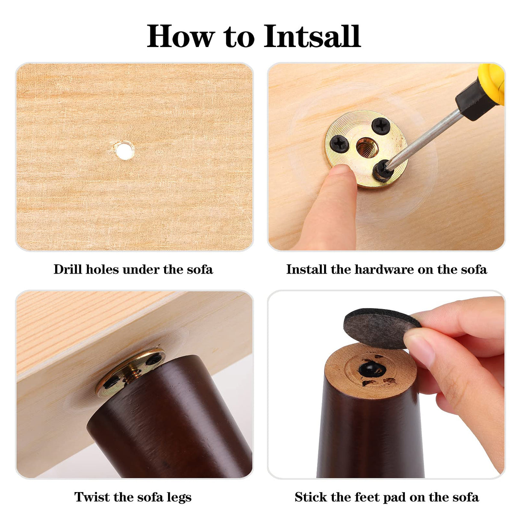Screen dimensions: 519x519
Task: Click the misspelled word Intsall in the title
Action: pos(312,36)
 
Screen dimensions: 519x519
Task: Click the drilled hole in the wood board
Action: pos(124,150)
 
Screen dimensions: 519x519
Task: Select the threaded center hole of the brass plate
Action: pos(366,147)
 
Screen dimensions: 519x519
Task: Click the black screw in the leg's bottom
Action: pos(371,370)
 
